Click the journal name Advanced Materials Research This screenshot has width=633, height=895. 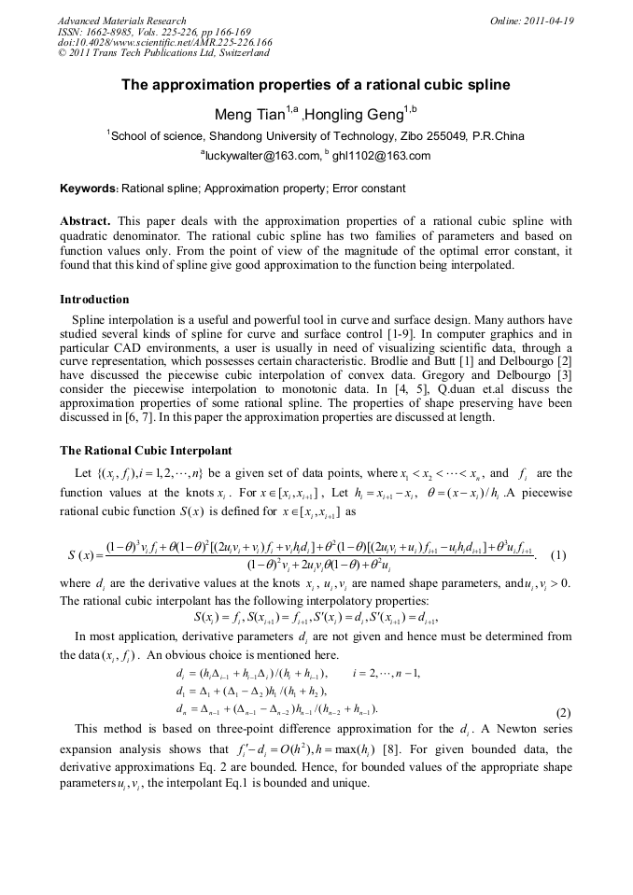click(x=121, y=21)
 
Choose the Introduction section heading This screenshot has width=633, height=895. click(x=94, y=300)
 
